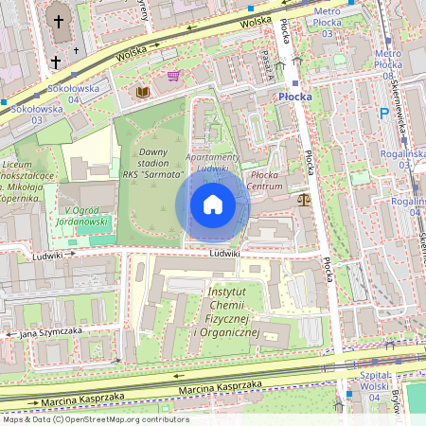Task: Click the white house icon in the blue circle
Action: pyautogui.click(x=213, y=204)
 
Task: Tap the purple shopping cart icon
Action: pyautogui.click(x=173, y=76)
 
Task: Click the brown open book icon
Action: pyautogui.click(x=143, y=92)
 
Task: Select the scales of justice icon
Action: pyautogui.click(x=303, y=199)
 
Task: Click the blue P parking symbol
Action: pyautogui.click(x=384, y=113)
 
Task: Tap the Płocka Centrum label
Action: pyautogui.click(x=266, y=180)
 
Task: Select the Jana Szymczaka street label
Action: pyautogui.click(x=52, y=331)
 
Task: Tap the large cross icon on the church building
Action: pyautogui.click(x=60, y=23)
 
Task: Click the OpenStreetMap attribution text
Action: pyautogui.click(x=95, y=419)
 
